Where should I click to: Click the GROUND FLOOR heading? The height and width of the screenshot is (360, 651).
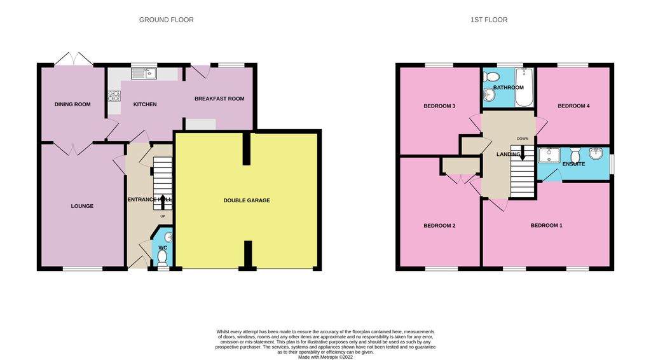coord(167,20)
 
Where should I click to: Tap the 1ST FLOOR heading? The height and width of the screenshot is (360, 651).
coord(489,20)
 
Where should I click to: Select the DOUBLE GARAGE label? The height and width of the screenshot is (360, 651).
coord(247,200)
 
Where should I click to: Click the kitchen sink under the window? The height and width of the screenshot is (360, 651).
coord(144,74)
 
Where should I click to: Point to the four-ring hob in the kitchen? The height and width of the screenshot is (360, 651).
coord(114,97)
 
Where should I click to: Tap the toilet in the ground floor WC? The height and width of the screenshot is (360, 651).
coord(163,256)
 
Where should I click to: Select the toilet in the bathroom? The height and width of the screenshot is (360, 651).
coord(489,77)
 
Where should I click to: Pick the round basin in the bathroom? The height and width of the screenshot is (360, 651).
coord(488,96)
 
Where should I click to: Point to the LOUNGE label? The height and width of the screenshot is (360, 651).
coord(82,206)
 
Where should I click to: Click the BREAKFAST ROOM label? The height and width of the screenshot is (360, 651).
coord(219,99)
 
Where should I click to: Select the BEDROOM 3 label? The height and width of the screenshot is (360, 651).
coord(440,106)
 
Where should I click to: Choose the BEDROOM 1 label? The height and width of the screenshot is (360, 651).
coord(547,226)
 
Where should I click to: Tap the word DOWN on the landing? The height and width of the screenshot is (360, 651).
coord(523,138)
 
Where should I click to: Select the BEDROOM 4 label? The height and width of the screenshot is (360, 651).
coord(574,106)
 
